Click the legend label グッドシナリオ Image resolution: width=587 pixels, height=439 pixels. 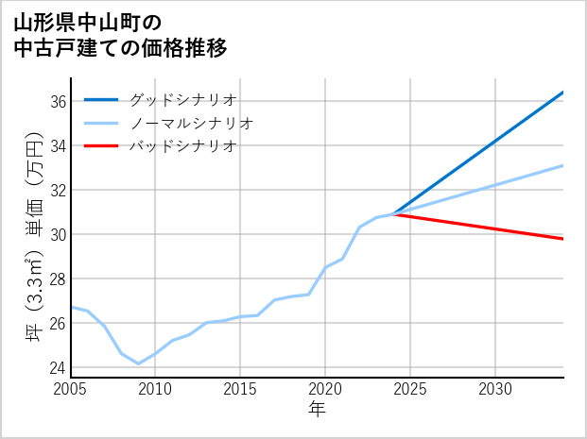tap(182, 99)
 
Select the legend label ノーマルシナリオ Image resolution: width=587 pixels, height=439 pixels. tap(191, 123)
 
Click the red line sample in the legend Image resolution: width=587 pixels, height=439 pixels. tap(101, 146)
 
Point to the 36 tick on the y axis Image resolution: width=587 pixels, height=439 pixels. tap(57, 101)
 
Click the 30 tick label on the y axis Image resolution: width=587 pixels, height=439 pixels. tap(57, 234)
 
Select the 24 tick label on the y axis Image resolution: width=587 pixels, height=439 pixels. tap(57, 367)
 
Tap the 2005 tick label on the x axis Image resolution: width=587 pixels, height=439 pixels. tap(71, 389)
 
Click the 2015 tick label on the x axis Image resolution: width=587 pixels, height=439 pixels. tap(241, 389)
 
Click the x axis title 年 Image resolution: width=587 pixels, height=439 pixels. tap(318, 409)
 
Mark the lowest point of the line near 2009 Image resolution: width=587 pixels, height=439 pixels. tap(139, 363)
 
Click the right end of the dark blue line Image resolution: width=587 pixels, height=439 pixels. tap(563, 93)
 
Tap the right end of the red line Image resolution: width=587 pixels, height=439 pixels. tap(563, 239)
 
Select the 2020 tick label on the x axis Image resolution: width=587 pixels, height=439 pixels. tap(326, 389)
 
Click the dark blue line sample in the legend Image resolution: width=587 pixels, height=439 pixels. tap(101, 99)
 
